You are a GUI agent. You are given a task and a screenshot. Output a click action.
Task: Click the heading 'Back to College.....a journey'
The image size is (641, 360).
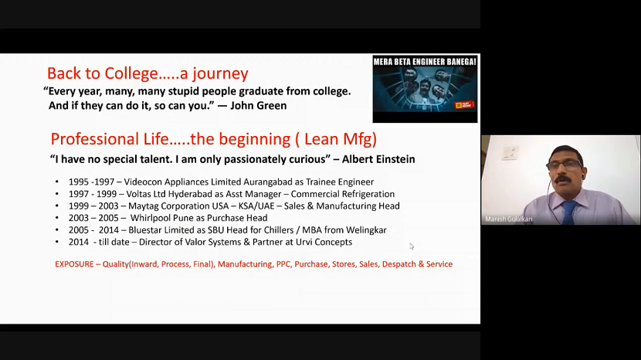[148, 74]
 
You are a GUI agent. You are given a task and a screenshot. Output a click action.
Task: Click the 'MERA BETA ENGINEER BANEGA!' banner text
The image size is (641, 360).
[425, 61]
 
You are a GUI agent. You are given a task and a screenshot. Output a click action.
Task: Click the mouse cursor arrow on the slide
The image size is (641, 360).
[412, 246]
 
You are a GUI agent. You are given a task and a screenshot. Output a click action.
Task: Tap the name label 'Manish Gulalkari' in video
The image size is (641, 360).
[509, 219]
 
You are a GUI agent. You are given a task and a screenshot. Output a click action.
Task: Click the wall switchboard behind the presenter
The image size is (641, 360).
[510, 152]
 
